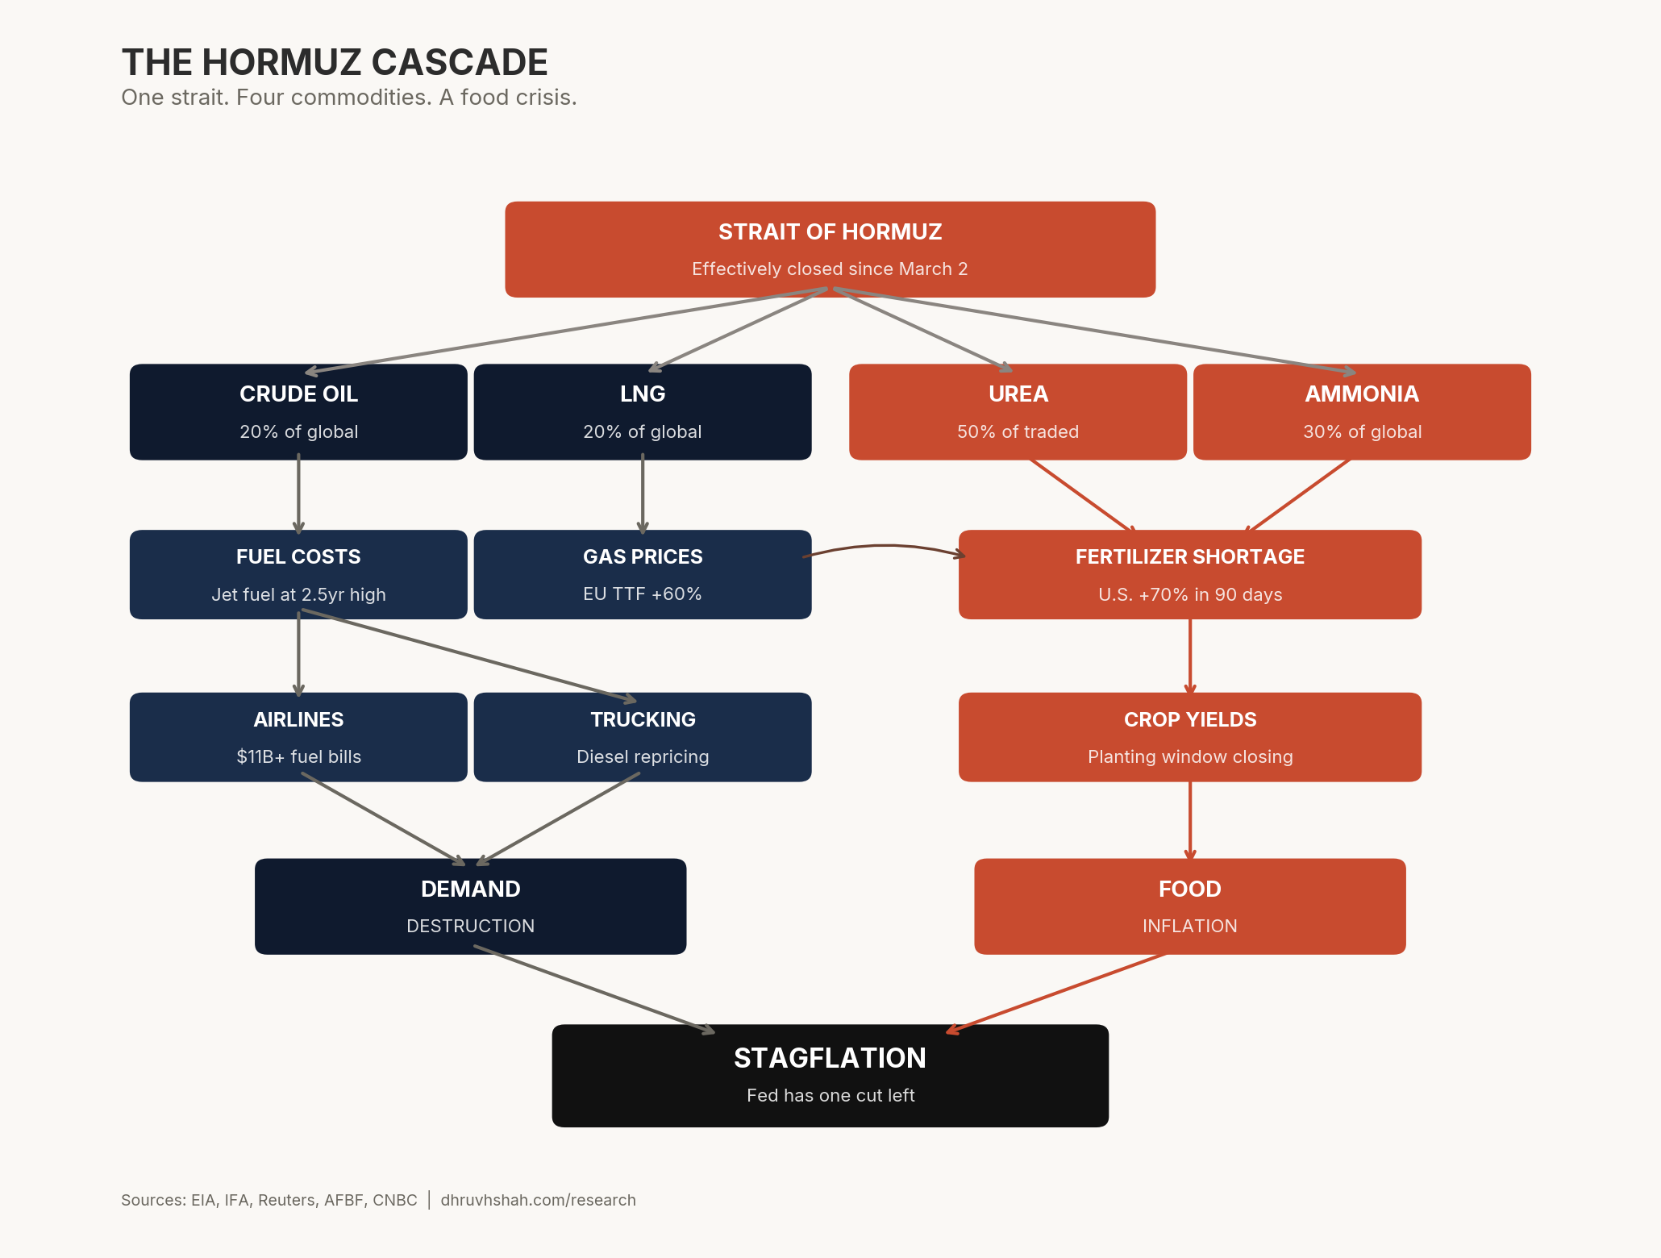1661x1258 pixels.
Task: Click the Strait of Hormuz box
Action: [x=830, y=249]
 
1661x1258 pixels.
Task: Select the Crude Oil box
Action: [x=298, y=411]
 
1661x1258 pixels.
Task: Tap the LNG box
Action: [x=642, y=411]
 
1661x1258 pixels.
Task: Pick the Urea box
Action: [x=1018, y=411]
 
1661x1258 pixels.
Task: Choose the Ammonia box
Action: [x=1362, y=411]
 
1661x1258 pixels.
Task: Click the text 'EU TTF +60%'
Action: [x=642, y=594]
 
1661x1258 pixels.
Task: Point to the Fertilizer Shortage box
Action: [x=1189, y=574]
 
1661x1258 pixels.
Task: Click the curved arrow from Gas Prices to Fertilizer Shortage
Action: [x=885, y=546]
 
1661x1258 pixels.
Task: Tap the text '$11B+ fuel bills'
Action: [x=298, y=756]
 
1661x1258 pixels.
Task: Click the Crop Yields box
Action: [x=1189, y=736]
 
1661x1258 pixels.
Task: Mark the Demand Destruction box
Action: [x=470, y=906]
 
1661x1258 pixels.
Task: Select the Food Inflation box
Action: [x=1189, y=906]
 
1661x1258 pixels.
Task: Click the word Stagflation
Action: [x=830, y=1058]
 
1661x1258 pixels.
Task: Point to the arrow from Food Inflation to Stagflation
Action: [x=1056, y=993]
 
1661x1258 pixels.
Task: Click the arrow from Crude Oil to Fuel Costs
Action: [x=298, y=494]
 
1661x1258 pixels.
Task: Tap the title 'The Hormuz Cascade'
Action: [x=335, y=62]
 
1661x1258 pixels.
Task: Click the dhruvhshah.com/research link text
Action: [x=538, y=1200]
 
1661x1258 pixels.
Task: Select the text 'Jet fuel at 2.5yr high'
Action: [x=298, y=595]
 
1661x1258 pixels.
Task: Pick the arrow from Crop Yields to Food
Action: [x=1190, y=819]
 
